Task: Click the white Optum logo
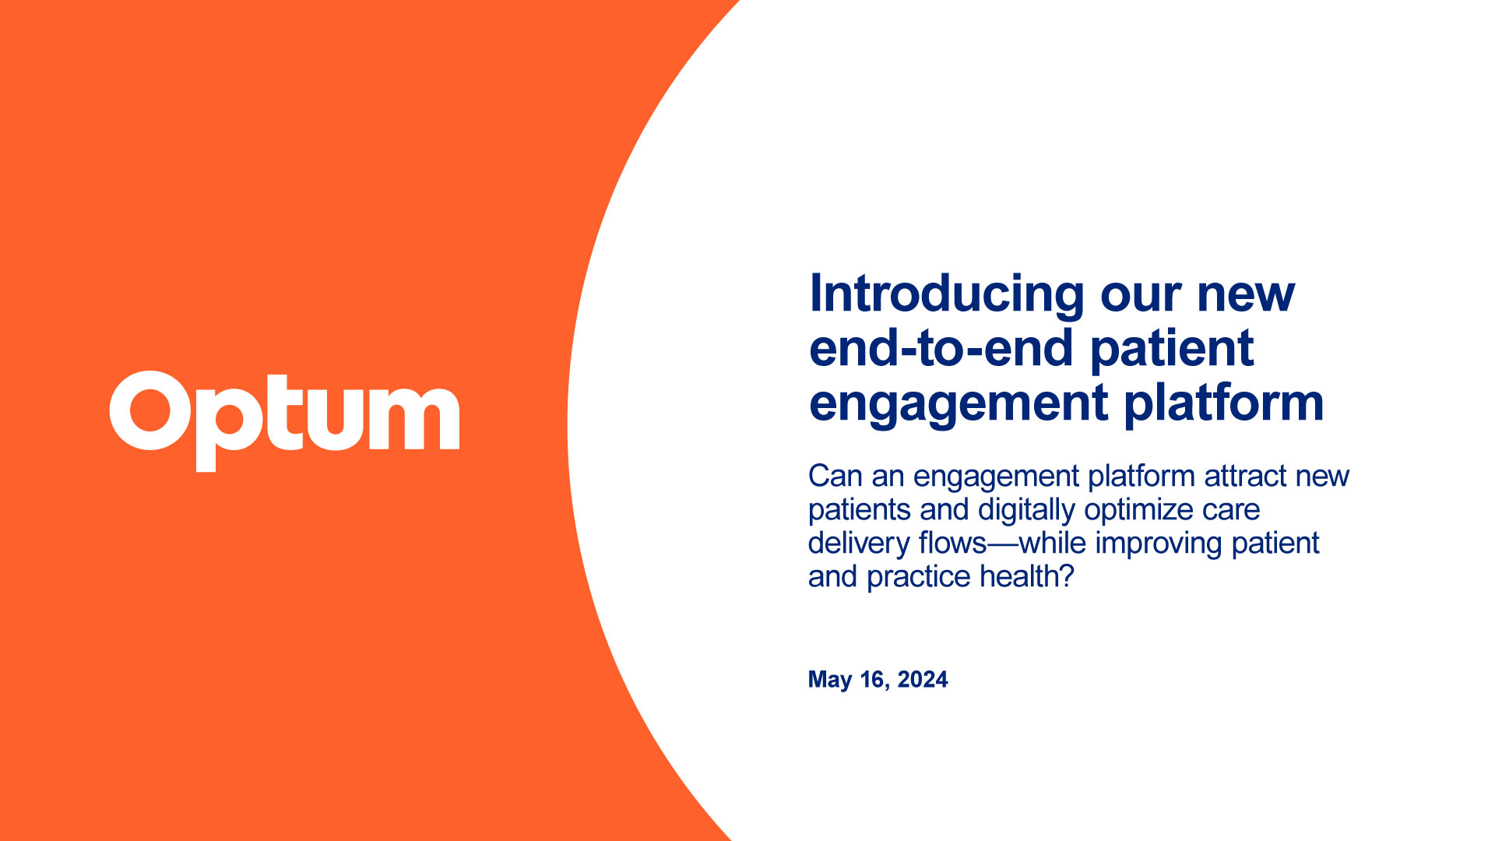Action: pyautogui.click(x=284, y=420)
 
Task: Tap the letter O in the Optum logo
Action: pyautogui.click(x=150, y=411)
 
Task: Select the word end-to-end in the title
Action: pyautogui.click(x=943, y=348)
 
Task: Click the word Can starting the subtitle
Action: pyautogui.click(x=835, y=476)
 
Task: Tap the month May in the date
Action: pyautogui.click(x=830, y=680)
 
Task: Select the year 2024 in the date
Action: pyautogui.click(x=923, y=680)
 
